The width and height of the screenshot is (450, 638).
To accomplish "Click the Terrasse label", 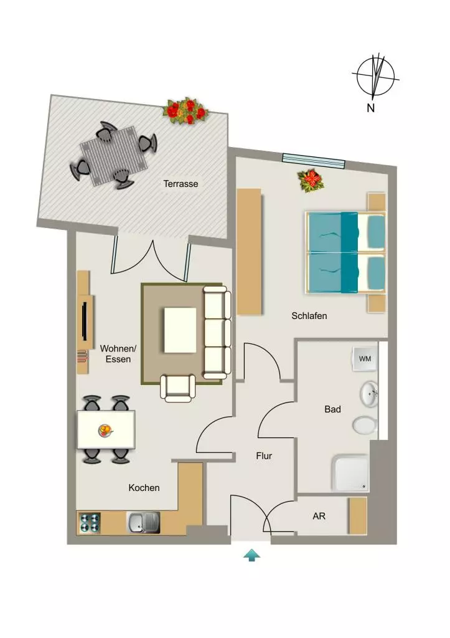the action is coord(180,184).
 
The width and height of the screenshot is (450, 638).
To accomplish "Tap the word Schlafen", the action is coord(309,316).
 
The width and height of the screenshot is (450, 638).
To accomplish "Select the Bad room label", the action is coord(332,409).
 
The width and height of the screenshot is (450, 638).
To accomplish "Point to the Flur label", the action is coord(264,456).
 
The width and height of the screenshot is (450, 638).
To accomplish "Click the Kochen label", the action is coord(144,488).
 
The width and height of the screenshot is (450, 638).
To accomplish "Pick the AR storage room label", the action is coord(319,517).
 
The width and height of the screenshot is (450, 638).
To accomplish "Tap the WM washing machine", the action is coord(365,359).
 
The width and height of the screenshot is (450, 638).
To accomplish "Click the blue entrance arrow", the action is coord(251,555).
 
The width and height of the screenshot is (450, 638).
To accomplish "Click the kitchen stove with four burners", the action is coord(89,523).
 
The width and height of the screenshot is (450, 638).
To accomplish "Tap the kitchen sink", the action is coord(144,523).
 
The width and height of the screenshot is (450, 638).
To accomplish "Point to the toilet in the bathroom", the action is coord(365,426).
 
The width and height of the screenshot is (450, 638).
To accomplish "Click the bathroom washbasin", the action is coord(369,394).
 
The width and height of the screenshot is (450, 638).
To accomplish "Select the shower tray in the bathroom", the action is coord(351,473).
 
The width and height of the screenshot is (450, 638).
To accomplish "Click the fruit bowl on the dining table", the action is coord(105,431).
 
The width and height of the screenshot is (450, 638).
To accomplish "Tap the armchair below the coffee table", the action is coord(178,389).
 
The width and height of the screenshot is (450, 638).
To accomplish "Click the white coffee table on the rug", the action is coord(180,330).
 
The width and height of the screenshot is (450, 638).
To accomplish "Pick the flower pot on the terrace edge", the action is coord(185,110).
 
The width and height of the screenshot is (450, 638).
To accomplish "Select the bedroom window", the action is coord(314,160).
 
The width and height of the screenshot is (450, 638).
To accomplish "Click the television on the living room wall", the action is coord(85,321).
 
